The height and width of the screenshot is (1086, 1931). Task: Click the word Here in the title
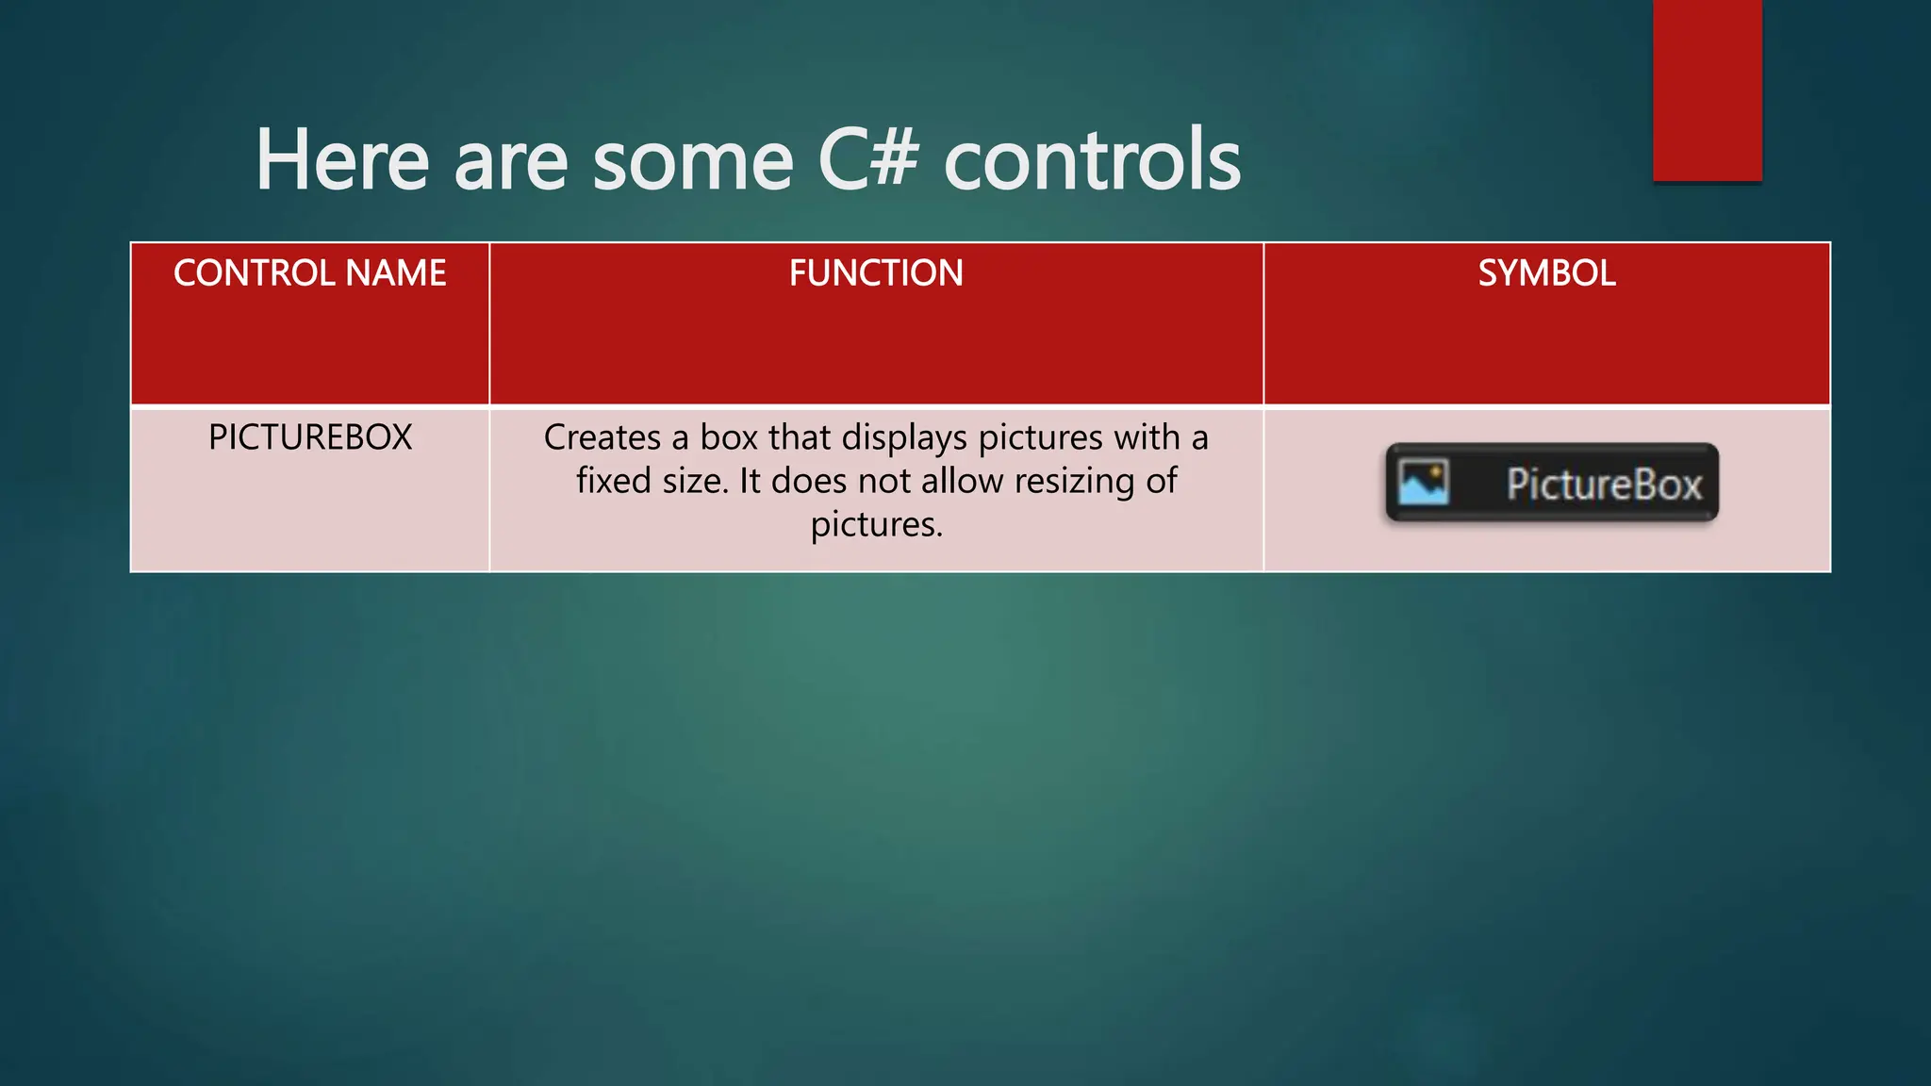click(342, 160)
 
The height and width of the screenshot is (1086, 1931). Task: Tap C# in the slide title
click(867, 160)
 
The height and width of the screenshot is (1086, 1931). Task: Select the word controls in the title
click(1092, 160)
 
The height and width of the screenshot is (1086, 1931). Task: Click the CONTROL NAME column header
click(309, 273)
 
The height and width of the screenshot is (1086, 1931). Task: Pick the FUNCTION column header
click(876, 273)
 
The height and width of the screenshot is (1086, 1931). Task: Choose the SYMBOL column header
click(1546, 273)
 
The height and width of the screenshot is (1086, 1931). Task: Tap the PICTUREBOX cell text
click(309, 437)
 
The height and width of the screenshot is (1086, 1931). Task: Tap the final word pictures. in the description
click(876, 525)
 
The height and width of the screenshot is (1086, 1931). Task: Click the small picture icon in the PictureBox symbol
click(1423, 483)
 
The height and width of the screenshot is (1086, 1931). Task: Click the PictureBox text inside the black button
click(1603, 485)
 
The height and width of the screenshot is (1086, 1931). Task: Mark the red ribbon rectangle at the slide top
click(1707, 90)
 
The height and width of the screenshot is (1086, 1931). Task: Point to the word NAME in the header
click(396, 273)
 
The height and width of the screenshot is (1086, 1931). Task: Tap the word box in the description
click(729, 437)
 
